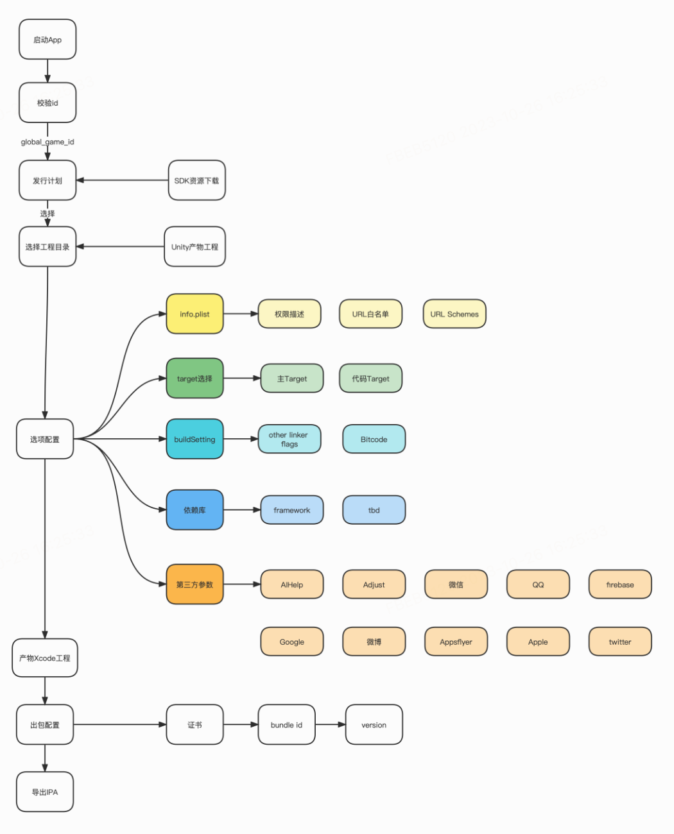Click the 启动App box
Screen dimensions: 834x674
pos(48,40)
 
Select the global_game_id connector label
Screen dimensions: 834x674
pos(48,142)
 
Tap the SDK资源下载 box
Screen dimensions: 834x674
pos(196,180)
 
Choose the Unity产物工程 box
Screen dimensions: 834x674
pos(194,246)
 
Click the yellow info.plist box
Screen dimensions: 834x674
pos(194,314)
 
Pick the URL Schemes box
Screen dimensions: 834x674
pos(454,314)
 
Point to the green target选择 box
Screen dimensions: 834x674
pos(194,379)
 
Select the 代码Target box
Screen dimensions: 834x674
pos(370,379)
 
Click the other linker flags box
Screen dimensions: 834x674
pos(289,439)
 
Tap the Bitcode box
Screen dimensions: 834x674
pos(374,439)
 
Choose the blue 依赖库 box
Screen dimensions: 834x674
pos(194,510)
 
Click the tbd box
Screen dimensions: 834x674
pos(374,510)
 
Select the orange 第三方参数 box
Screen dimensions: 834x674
pos(194,584)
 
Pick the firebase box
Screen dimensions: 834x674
pos(619,584)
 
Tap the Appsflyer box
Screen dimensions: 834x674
pos(456,642)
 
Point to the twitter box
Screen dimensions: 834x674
pos(619,642)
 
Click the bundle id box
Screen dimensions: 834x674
pos(286,725)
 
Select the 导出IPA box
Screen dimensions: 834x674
pos(45,792)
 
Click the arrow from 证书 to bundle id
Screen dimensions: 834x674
pos(241,725)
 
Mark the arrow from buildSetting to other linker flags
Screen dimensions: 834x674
pos(241,439)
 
